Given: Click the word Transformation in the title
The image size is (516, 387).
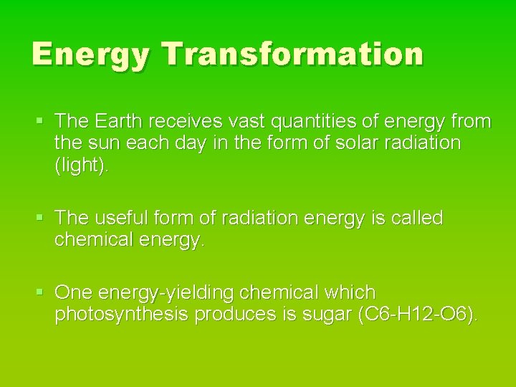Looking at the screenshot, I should [292, 54].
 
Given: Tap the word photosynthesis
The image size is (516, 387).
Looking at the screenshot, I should [126, 315].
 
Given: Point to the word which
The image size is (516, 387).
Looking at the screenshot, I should [350, 293].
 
